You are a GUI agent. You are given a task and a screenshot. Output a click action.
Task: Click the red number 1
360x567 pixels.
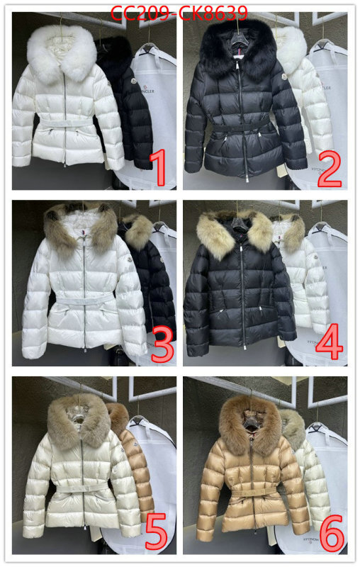[159, 169]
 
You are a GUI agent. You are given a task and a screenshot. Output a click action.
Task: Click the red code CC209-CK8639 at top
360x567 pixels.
[180, 13]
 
